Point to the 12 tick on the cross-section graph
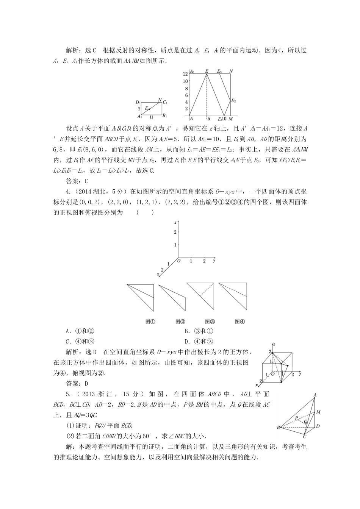point(185,73)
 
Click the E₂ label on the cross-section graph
point(233,101)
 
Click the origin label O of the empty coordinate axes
point(178,261)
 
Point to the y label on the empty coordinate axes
point(214,261)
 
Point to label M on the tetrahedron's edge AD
point(318,412)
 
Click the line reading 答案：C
point(77,180)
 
